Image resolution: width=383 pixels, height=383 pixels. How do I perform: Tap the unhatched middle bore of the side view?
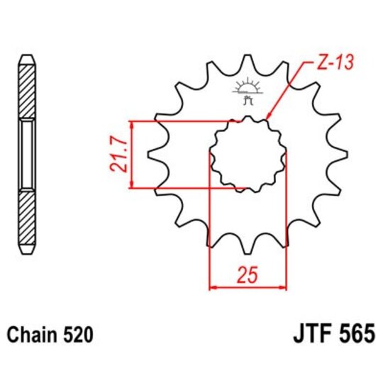(x=26, y=154)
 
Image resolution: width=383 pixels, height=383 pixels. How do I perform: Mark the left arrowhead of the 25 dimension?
(x=212, y=287)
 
